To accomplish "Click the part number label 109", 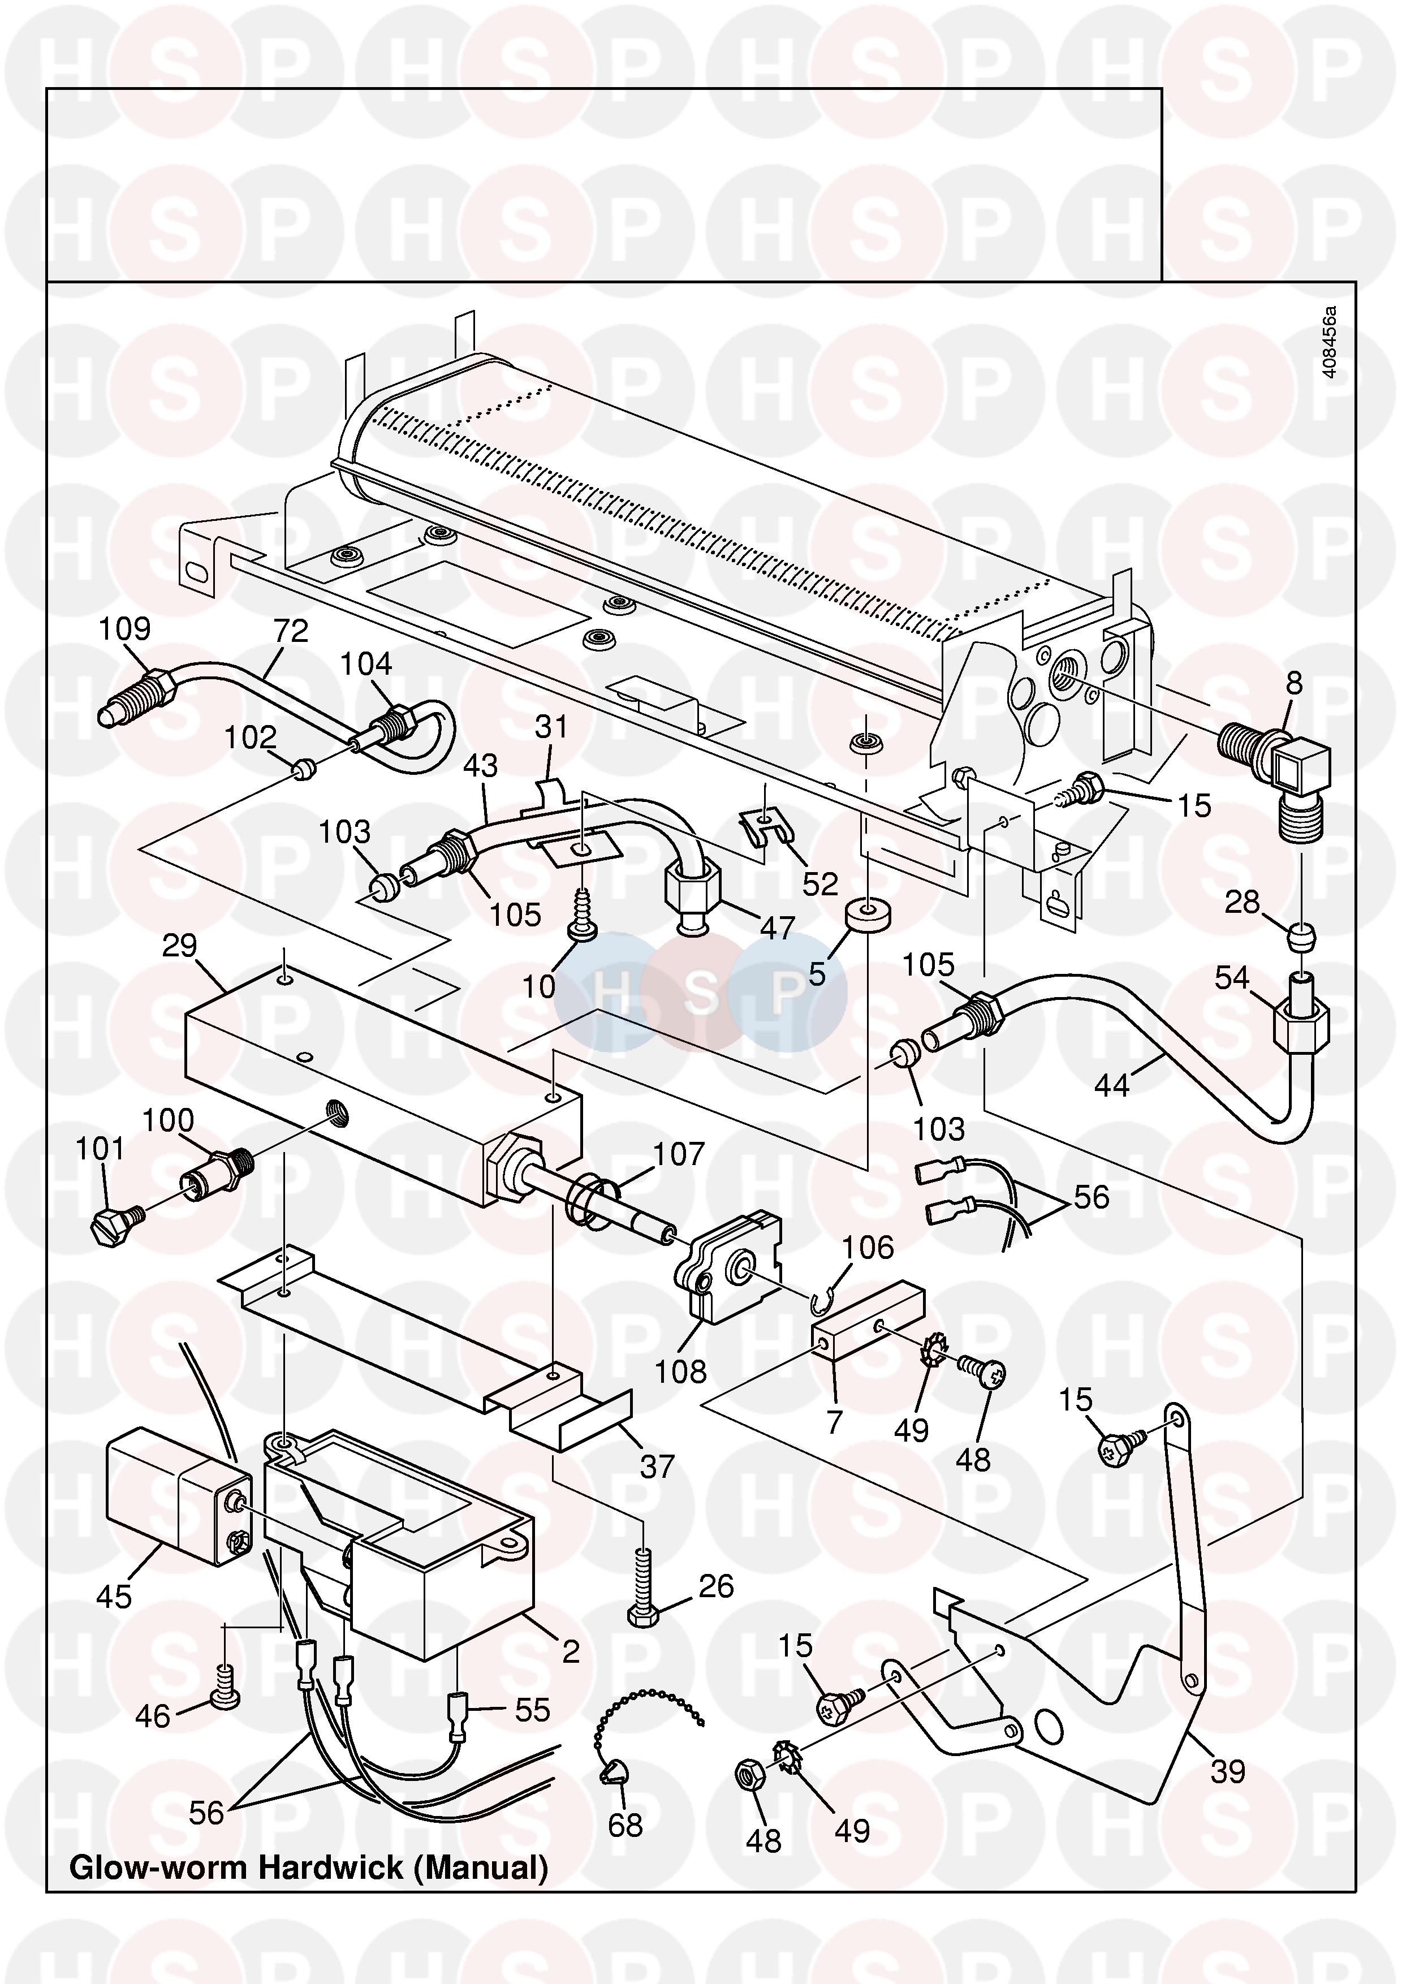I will pyautogui.click(x=124, y=628).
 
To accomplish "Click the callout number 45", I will pyautogui.click(x=114, y=1597).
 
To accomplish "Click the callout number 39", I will pyautogui.click(x=1227, y=1771).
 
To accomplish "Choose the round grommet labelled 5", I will pyautogui.click(x=868, y=914).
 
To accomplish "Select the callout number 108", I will pyautogui.click(x=681, y=1371).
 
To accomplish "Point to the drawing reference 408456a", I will pyautogui.click(x=1330, y=342).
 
